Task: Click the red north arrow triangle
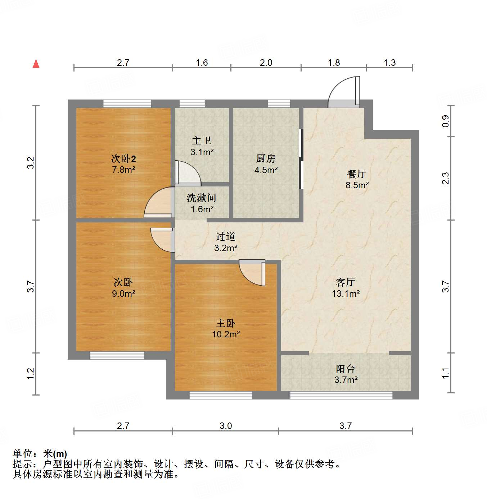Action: pyautogui.click(x=36, y=64)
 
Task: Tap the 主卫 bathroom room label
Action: pyautogui.click(x=202, y=140)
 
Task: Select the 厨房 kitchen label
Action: pyautogui.click(x=266, y=158)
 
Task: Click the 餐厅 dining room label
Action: pyautogui.click(x=357, y=174)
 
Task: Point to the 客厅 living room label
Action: pyautogui.click(x=346, y=282)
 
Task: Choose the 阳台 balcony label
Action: pyautogui.click(x=346, y=369)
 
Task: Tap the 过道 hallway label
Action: pyautogui.click(x=226, y=236)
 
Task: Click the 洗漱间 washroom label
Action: pyautogui.click(x=201, y=198)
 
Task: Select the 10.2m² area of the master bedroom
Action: pyautogui.click(x=226, y=334)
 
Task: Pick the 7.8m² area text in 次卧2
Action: pyautogui.click(x=123, y=170)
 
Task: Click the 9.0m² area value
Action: pyautogui.click(x=123, y=294)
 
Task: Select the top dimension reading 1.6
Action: pyautogui.click(x=202, y=63)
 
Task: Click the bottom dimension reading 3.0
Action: pyautogui.click(x=226, y=426)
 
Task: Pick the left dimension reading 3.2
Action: pyautogui.click(x=31, y=163)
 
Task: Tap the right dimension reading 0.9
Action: pyautogui.click(x=446, y=121)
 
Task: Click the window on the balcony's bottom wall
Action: pyautogui.click(x=341, y=395)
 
